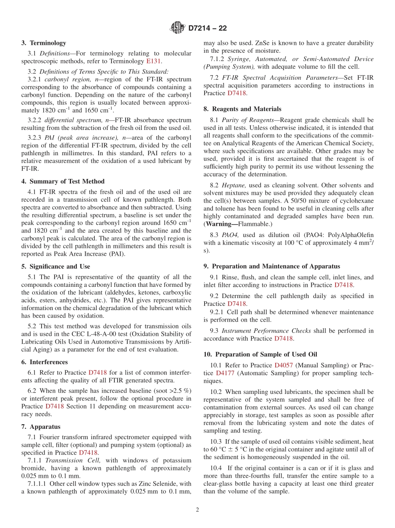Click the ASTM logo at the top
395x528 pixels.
178,28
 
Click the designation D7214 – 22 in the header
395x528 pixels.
207,29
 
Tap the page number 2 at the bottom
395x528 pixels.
197,510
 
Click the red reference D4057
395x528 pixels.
283,365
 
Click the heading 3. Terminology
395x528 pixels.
44,43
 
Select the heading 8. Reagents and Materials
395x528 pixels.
242,109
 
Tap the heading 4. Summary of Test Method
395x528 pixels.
63,181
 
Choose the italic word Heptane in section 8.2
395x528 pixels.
234,185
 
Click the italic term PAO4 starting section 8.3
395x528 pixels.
231,235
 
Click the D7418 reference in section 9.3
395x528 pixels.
285,338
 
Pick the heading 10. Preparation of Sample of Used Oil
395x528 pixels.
260,354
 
